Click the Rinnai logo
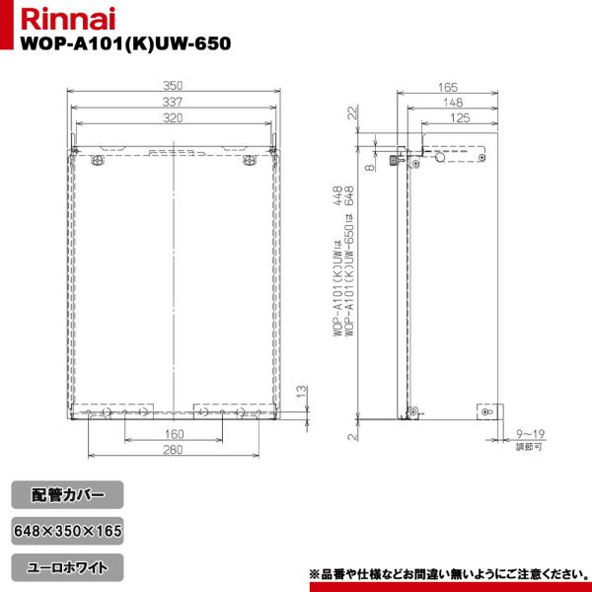[51, 21]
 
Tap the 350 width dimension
[174, 87]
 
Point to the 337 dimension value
[174, 103]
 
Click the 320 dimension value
[174, 118]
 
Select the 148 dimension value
[454, 103]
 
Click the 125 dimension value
[460, 118]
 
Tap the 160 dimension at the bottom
[174, 434]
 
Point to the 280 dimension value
[174, 452]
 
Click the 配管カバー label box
[69, 492]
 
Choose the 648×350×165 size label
[69, 530]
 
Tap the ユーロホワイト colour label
[69, 567]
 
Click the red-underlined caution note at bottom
[449, 573]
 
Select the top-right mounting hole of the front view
[248, 161]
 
